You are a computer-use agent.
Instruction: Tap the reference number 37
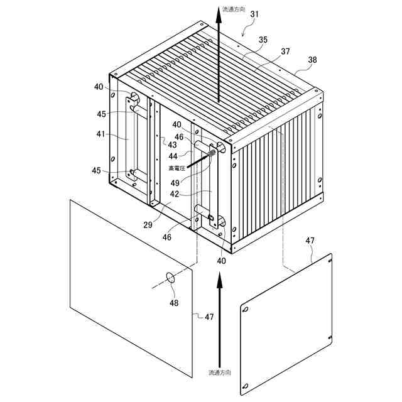point(286,51)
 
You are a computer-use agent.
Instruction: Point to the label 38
point(312,60)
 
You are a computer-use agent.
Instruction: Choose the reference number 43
point(171,145)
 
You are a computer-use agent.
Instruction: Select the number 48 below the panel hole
point(173,303)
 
